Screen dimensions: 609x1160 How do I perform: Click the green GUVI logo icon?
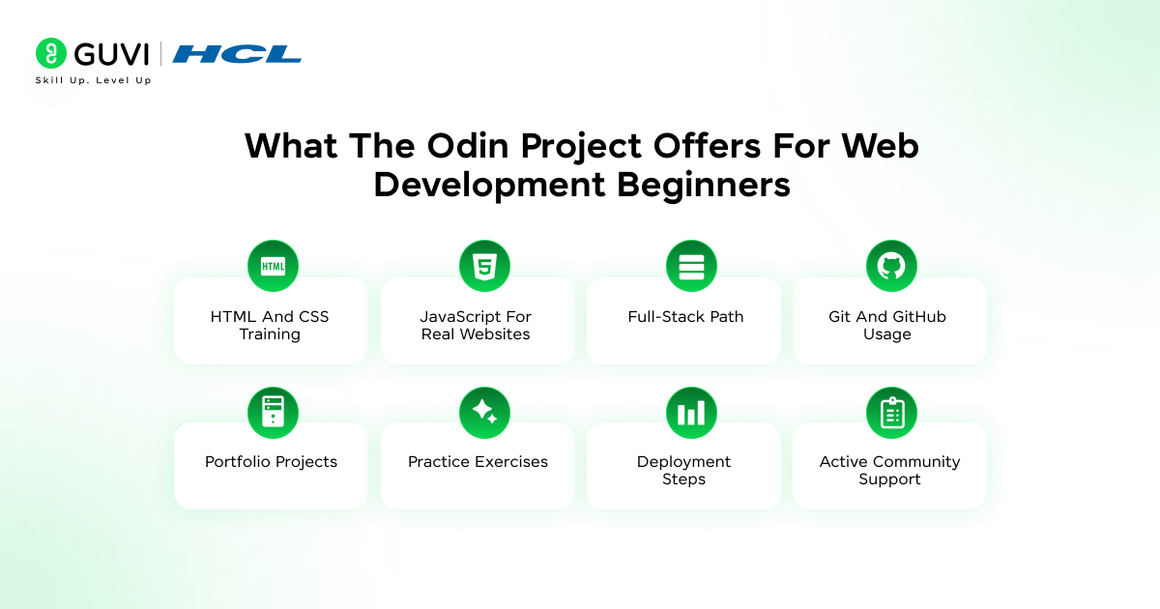click(x=50, y=53)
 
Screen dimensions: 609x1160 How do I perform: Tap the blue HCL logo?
click(x=237, y=54)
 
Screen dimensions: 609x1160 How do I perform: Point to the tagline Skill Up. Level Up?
click(x=93, y=80)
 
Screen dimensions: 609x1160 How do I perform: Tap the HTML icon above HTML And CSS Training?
click(x=273, y=266)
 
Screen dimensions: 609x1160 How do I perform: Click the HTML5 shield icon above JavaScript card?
click(x=483, y=266)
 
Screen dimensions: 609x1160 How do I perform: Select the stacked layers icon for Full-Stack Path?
click(x=691, y=266)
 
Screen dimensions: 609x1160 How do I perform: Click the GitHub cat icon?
click(x=890, y=266)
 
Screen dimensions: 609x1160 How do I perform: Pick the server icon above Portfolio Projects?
click(x=273, y=413)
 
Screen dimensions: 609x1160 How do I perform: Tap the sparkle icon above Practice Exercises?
click(x=483, y=413)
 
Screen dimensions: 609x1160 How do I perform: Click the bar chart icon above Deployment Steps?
click(x=691, y=413)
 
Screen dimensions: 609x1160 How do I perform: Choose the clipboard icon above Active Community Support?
click(x=890, y=413)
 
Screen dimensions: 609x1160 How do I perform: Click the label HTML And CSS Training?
click(x=270, y=326)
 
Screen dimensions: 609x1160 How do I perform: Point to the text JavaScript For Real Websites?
click(x=476, y=326)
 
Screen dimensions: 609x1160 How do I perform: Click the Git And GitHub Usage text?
click(x=887, y=326)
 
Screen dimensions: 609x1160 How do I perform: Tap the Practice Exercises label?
click(x=478, y=462)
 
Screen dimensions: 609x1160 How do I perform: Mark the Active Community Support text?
click(x=889, y=471)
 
